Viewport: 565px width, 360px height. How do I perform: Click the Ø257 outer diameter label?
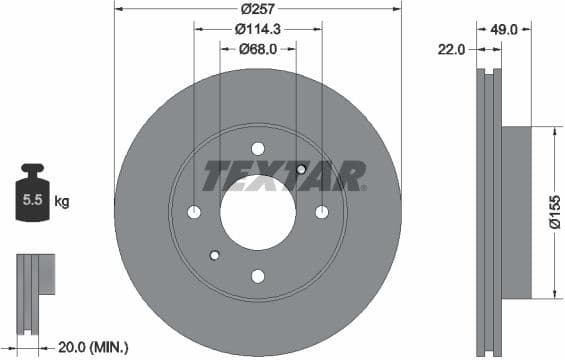(x=258, y=9)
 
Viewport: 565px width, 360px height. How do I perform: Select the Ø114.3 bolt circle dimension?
(x=258, y=29)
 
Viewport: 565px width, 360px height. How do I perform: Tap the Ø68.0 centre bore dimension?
(x=258, y=48)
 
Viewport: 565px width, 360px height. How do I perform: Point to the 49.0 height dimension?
(x=506, y=29)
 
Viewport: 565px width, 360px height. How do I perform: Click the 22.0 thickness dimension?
(x=452, y=48)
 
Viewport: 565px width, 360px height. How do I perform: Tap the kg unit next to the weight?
(x=62, y=202)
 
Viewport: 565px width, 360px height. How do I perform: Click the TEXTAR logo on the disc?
(x=284, y=176)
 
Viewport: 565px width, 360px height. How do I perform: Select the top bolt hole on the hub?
(x=258, y=149)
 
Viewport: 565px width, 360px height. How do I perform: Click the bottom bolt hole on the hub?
(x=258, y=276)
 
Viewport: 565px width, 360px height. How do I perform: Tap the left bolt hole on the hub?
(x=194, y=212)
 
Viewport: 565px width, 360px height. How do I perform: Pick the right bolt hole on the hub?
(x=322, y=212)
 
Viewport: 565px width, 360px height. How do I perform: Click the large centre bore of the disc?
(x=258, y=212)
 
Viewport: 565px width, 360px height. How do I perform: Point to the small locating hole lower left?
(x=214, y=255)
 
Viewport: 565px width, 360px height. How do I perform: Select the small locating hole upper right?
(x=301, y=169)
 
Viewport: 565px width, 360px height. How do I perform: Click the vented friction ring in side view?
(x=488, y=211)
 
